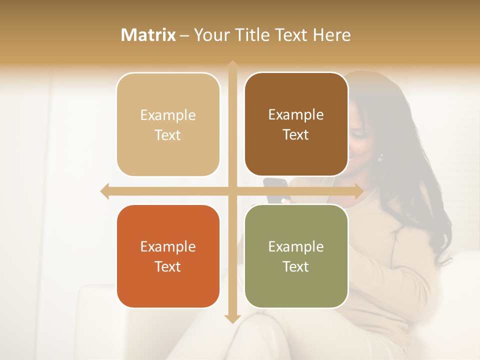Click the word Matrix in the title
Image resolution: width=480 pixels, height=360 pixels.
click(x=148, y=35)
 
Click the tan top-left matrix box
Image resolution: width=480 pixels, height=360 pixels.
click(x=168, y=124)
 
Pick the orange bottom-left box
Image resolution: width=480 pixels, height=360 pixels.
click(x=168, y=256)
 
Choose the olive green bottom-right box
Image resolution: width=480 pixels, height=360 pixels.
click(x=296, y=256)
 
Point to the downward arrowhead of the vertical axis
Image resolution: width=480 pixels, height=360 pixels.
click(x=232, y=318)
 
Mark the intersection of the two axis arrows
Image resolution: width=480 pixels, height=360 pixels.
click(x=232, y=191)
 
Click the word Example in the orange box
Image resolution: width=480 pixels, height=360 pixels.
click(x=168, y=246)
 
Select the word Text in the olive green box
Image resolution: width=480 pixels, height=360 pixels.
click(x=296, y=266)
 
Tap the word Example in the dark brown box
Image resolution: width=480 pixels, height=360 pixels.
click(x=296, y=114)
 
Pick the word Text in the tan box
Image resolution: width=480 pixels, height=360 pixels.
click(x=168, y=135)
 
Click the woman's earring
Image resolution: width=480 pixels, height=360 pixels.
click(x=380, y=158)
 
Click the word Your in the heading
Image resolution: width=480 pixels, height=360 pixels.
click(x=210, y=35)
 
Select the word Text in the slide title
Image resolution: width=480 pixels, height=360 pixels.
click(x=290, y=35)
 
